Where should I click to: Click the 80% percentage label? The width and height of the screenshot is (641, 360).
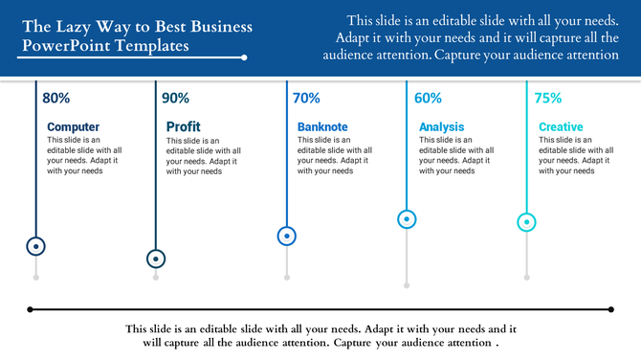[x=56, y=98]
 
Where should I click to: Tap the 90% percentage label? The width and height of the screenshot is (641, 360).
[x=175, y=98]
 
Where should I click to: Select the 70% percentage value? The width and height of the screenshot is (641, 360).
[x=306, y=98]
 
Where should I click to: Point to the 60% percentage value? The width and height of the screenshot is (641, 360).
[x=428, y=98]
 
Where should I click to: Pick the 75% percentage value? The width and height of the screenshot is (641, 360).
[x=547, y=98]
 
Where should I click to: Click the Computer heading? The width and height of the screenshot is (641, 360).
[x=73, y=126]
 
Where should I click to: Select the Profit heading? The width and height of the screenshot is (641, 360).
[x=183, y=126]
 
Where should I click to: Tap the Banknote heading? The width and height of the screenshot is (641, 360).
[x=322, y=126]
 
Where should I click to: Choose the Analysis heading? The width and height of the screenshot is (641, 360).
[x=441, y=126]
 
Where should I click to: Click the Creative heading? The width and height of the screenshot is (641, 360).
[x=561, y=126]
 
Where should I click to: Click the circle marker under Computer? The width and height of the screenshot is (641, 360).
[x=36, y=246]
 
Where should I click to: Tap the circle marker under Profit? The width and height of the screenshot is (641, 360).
[x=156, y=259]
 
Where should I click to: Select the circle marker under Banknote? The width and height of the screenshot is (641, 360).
[x=286, y=236]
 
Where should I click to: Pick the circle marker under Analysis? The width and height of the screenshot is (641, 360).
[x=407, y=219]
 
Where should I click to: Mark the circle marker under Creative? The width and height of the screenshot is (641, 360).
[x=526, y=222]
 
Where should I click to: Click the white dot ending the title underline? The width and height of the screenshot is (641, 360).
[x=245, y=57]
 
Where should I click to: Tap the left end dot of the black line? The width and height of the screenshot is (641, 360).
[x=31, y=309]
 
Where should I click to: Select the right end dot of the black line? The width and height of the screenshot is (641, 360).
[x=610, y=309]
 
